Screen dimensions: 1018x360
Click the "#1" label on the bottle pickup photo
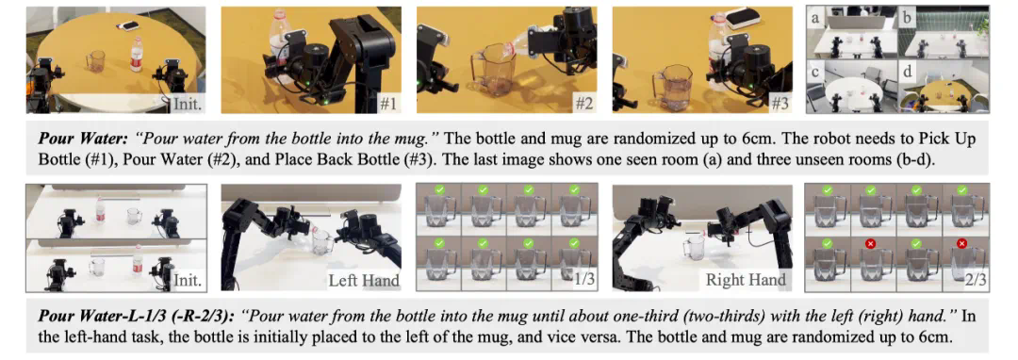click(387, 103)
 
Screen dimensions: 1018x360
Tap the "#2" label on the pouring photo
click(583, 103)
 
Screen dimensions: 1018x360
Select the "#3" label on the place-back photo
click(777, 103)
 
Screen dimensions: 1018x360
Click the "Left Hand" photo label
click(361, 281)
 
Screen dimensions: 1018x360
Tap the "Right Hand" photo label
click(746, 281)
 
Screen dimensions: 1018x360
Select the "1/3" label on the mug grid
click(582, 281)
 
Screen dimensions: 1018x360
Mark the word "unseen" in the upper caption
click(815, 159)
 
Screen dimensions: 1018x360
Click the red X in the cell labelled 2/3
click(961, 243)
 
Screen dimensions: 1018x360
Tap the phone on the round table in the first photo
click(128, 25)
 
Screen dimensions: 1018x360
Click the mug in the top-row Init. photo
click(95, 61)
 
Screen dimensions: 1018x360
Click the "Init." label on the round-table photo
click(187, 103)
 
